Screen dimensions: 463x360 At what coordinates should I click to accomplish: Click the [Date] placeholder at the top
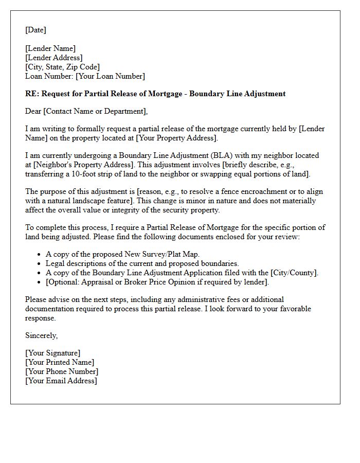(35, 30)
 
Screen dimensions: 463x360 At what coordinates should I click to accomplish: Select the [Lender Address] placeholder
(54, 58)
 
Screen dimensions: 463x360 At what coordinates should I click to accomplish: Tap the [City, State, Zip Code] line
(62, 67)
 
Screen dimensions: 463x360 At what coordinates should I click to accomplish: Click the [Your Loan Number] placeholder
(110, 77)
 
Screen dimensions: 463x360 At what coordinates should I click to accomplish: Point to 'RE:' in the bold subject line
(32, 94)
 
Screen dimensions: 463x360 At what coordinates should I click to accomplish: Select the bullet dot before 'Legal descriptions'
(40, 264)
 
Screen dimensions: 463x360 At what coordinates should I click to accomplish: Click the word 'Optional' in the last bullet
(64, 282)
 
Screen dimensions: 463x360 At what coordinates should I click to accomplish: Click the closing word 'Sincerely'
(42, 335)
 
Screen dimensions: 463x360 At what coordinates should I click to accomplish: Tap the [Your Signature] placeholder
(52, 353)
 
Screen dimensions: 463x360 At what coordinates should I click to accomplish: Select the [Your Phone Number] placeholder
(62, 372)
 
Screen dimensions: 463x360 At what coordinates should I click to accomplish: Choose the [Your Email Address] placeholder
(61, 381)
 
